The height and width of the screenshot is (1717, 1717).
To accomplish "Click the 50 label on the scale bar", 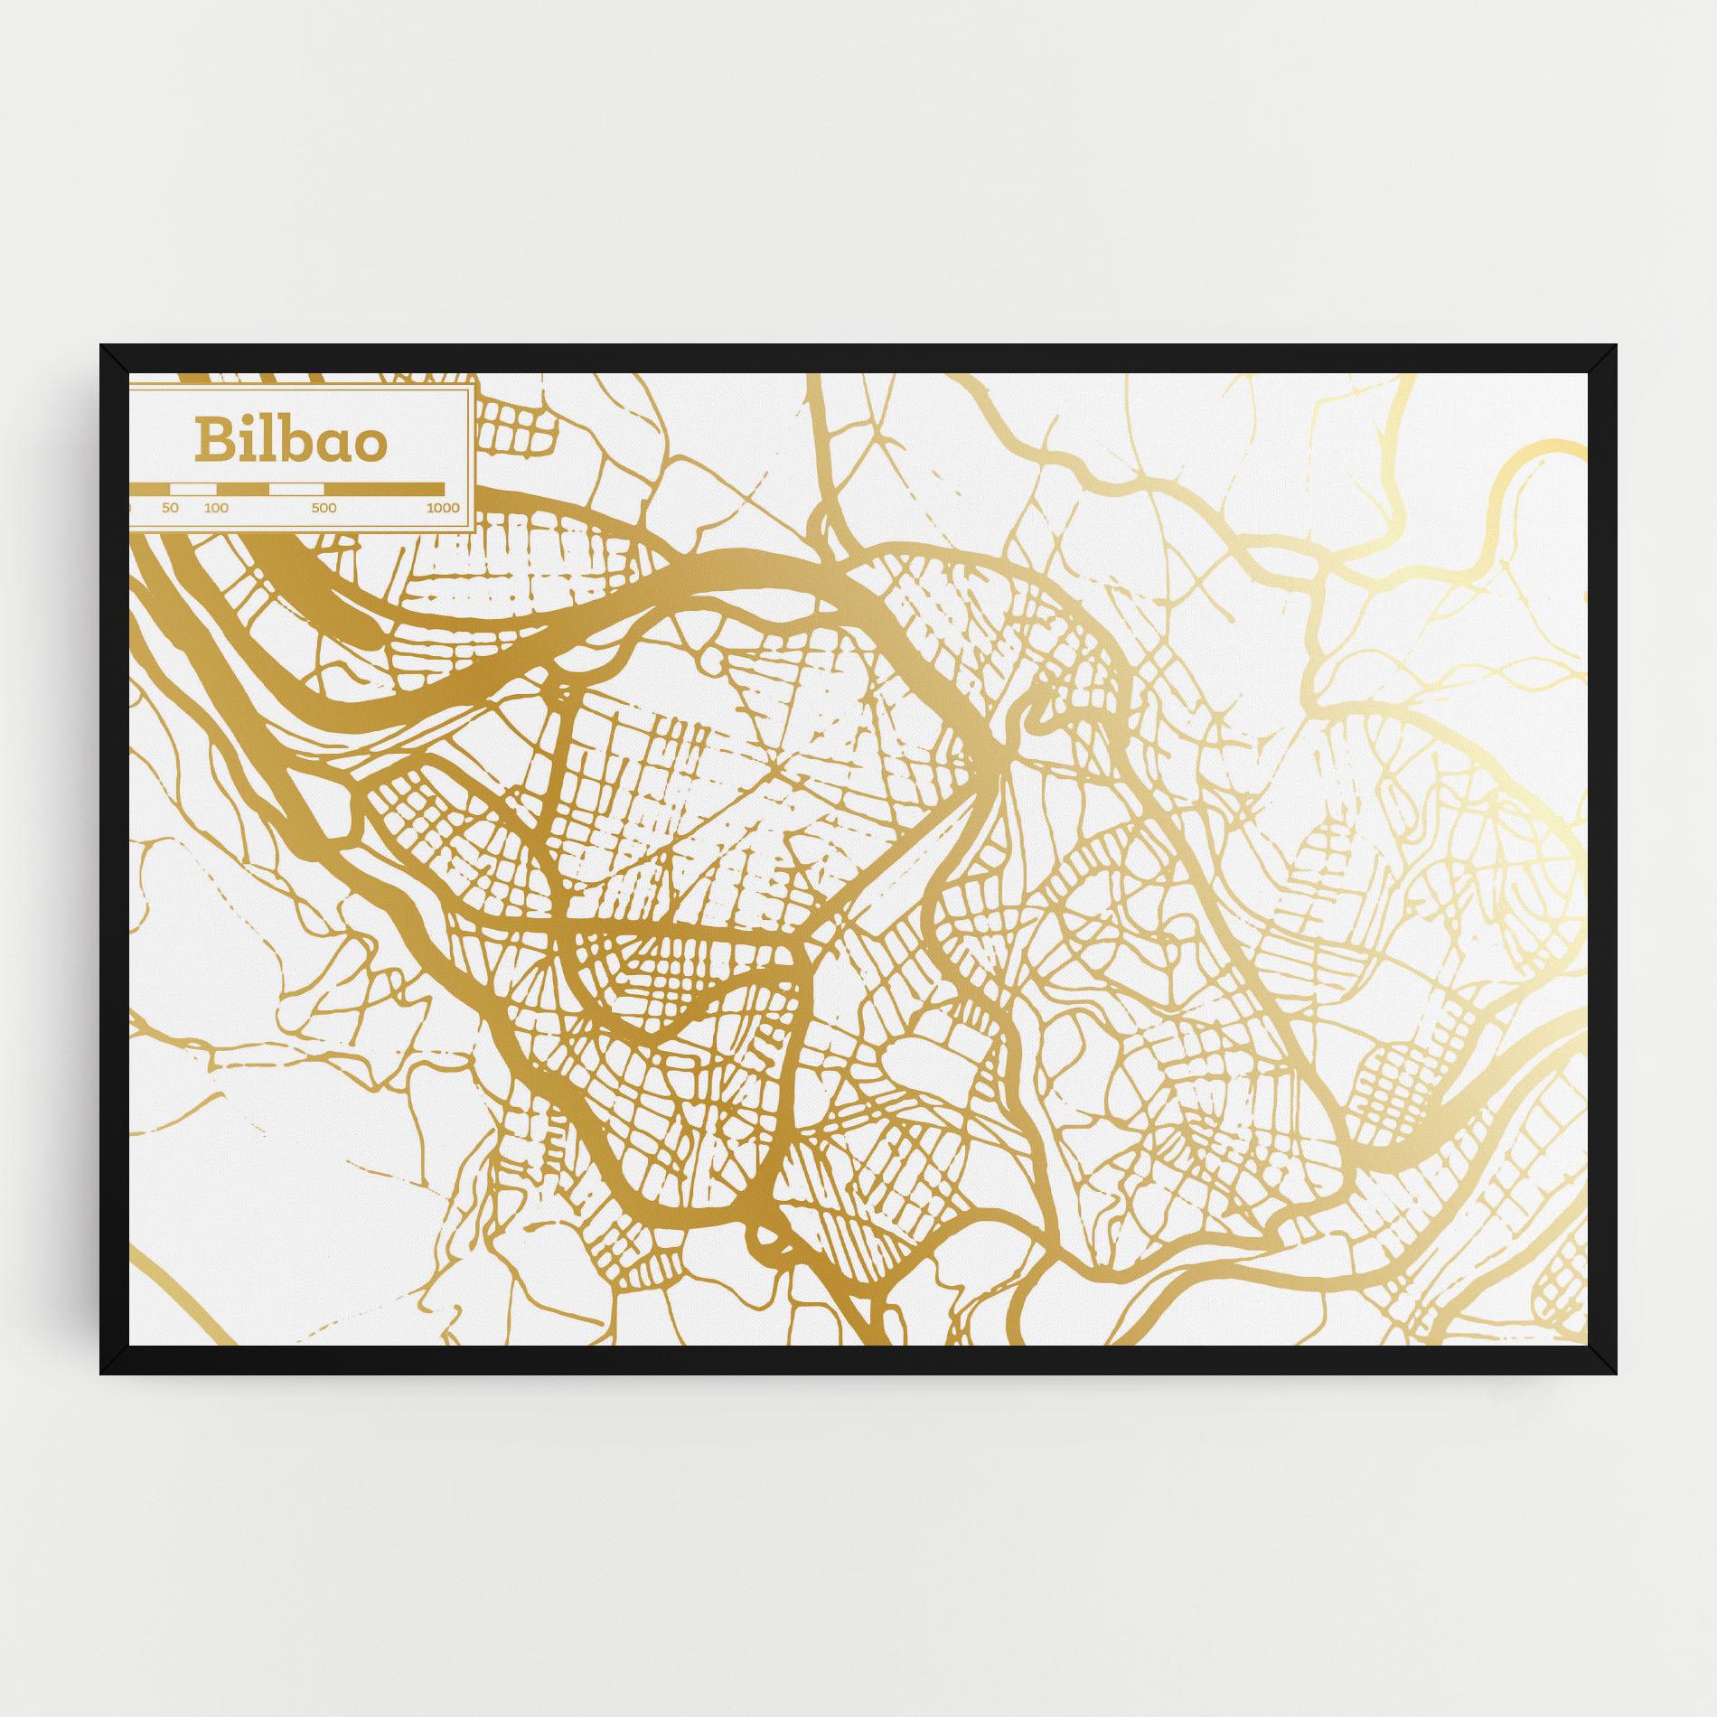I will click(x=170, y=508).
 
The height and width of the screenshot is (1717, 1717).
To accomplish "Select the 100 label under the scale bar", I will click(x=216, y=508).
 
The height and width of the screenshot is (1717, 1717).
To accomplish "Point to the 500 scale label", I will click(x=324, y=508).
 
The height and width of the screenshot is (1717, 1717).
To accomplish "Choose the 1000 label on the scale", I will click(x=443, y=508).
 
